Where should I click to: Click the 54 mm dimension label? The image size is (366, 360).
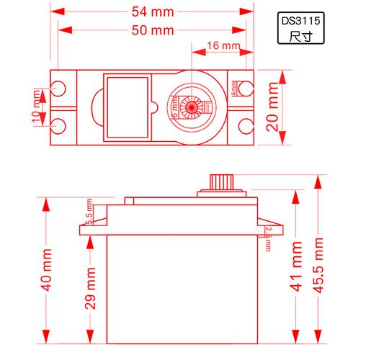click(153, 12)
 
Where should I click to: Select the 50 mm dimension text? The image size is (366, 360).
click(153, 30)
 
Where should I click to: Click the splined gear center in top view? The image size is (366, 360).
click(192, 109)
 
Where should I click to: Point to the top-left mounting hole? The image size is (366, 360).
click(60, 89)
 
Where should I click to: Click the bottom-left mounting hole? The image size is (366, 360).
click(60, 127)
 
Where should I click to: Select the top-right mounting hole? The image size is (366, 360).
click(247, 89)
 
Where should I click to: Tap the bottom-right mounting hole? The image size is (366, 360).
click(247, 127)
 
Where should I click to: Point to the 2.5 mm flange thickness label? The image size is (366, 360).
click(267, 238)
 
